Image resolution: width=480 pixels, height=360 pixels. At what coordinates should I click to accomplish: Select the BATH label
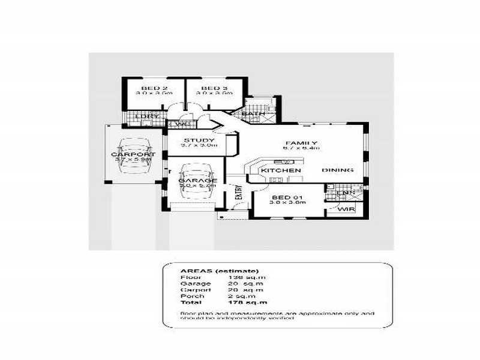(x=250, y=113)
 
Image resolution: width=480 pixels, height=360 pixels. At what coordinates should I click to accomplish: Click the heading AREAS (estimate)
(x=211, y=271)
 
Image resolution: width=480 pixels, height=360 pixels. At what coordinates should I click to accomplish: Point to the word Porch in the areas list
(x=192, y=296)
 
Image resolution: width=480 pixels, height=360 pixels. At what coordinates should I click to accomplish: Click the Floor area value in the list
(x=247, y=277)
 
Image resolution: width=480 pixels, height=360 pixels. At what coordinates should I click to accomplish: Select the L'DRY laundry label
(x=147, y=116)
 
